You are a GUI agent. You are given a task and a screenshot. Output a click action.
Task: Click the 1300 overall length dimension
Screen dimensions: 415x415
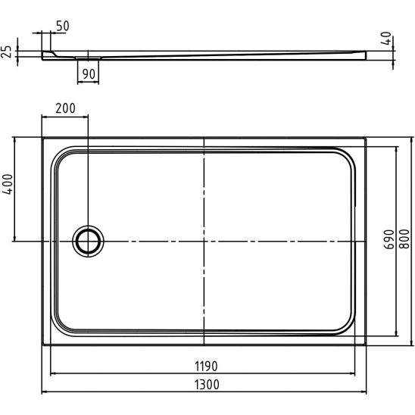pyautogui.click(x=207, y=385)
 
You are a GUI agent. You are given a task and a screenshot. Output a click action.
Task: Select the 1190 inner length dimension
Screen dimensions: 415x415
pyautogui.click(x=206, y=367)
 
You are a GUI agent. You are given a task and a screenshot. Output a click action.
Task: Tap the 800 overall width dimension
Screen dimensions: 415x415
pyautogui.click(x=404, y=239)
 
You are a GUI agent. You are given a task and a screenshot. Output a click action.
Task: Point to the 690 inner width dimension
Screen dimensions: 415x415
pyautogui.click(x=388, y=239)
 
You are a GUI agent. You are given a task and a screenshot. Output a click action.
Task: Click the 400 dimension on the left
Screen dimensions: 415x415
pyautogui.click(x=8, y=184)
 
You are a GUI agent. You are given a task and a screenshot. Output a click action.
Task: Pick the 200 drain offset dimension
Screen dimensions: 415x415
pyautogui.click(x=65, y=108)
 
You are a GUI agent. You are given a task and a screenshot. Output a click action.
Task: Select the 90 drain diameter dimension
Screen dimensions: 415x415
pyautogui.click(x=89, y=74)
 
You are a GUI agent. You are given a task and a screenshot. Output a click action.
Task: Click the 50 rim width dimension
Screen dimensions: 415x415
pyautogui.click(x=63, y=27)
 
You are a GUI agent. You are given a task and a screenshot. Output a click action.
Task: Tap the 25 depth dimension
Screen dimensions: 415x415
pyautogui.click(x=6, y=51)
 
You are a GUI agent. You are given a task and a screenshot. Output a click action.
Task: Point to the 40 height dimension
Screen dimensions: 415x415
pyautogui.click(x=386, y=39)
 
